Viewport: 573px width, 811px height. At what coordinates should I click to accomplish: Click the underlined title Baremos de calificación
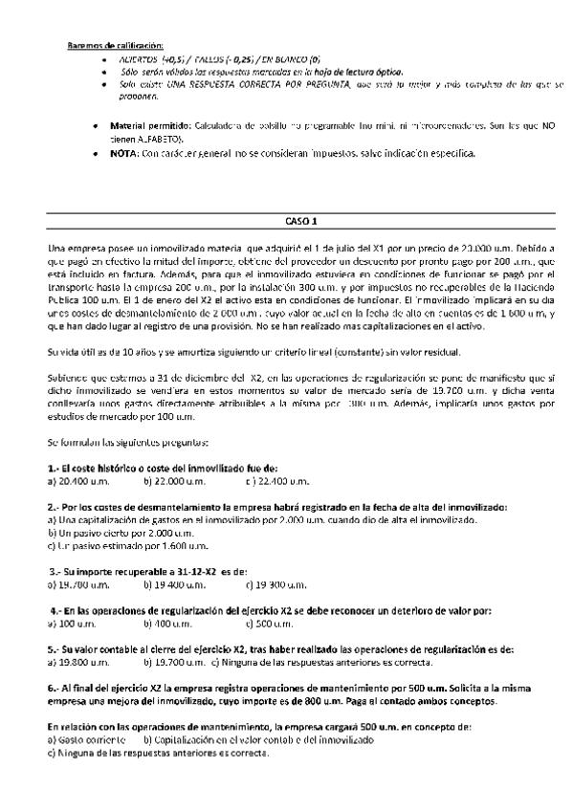click(x=115, y=45)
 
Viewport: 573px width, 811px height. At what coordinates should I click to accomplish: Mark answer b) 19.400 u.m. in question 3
click(x=176, y=583)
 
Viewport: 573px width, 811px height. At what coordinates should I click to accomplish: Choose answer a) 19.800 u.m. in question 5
click(x=79, y=662)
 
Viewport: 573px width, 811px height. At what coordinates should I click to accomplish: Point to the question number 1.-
click(x=54, y=468)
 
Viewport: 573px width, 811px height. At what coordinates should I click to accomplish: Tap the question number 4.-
click(x=57, y=609)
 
